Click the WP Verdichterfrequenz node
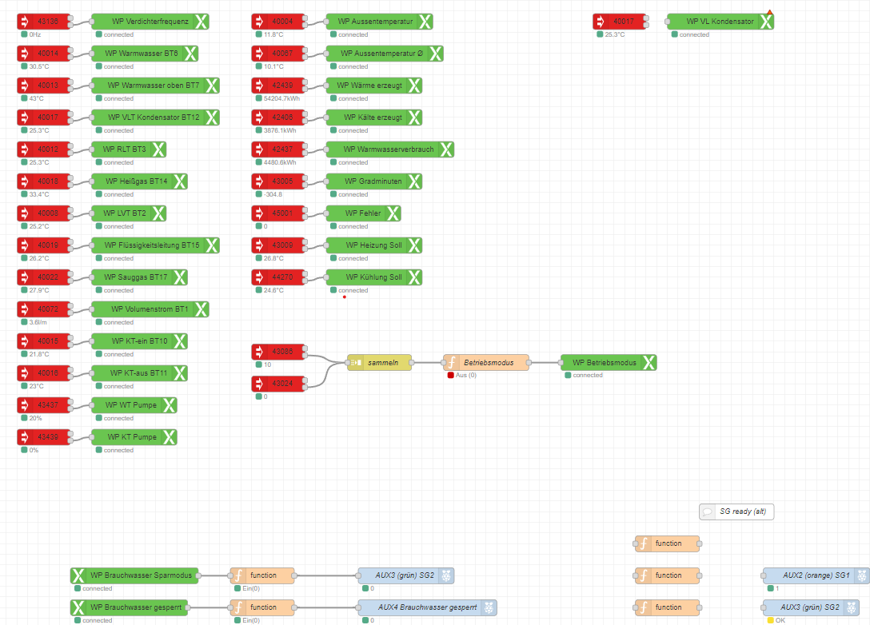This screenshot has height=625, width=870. click(x=150, y=22)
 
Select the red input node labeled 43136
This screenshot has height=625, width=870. click(x=44, y=22)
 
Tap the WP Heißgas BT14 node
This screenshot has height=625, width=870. click(x=138, y=181)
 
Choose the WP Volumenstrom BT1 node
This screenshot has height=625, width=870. click(x=150, y=309)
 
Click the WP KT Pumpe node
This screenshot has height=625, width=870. click(x=134, y=437)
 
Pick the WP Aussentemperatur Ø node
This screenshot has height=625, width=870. click(x=384, y=54)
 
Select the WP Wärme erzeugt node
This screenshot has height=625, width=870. click(x=373, y=86)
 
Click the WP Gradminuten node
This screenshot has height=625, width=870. click(x=373, y=181)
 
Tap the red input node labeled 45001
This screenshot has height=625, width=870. click(x=278, y=213)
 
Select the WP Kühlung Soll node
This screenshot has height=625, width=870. click(x=373, y=277)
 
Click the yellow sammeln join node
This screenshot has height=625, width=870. click(x=379, y=362)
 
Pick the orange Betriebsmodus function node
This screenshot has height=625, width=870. click(x=486, y=362)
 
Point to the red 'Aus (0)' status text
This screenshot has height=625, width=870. click(x=466, y=375)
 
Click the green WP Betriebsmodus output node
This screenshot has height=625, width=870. click(x=608, y=362)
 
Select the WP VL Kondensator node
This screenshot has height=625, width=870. click(x=720, y=22)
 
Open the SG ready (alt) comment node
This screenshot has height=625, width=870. click(x=736, y=512)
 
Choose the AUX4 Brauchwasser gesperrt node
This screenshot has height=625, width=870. click(x=426, y=607)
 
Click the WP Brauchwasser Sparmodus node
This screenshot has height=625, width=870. click(x=134, y=575)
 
